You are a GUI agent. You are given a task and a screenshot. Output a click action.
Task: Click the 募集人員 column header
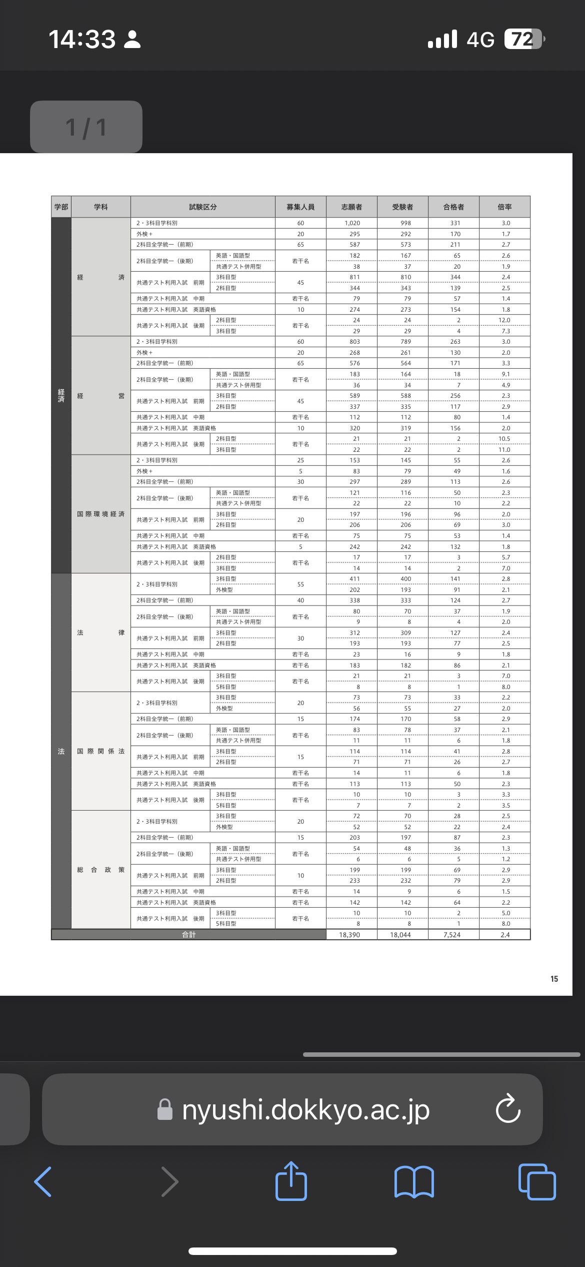click(x=300, y=207)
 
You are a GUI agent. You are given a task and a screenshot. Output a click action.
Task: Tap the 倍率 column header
click(x=504, y=207)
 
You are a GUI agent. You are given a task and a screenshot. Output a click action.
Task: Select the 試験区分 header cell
click(x=202, y=207)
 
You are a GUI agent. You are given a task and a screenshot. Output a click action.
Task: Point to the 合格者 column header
click(x=453, y=207)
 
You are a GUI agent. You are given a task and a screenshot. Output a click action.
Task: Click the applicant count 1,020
click(x=352, y=223)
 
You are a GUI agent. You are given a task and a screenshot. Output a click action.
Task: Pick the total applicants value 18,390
click(x=349, y=935)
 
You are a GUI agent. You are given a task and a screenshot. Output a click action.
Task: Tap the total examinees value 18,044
click(x=400, y=935)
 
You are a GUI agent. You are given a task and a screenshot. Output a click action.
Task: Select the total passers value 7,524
click(x=452, y=935)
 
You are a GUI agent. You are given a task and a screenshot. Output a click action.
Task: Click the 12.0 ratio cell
click(x=504, y=320)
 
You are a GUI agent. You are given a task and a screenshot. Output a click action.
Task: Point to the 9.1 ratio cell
click(x=506, y=374)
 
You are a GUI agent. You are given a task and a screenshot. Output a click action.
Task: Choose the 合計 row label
click(x=188, y=935)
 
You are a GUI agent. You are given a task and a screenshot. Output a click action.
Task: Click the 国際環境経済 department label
click(x=100, y=514)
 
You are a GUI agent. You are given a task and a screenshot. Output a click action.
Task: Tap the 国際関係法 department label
click(x=100, y=751)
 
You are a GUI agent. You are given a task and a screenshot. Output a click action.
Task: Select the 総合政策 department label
click(x=100, y=870)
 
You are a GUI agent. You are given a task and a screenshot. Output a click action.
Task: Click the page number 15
click(x=554, y=979)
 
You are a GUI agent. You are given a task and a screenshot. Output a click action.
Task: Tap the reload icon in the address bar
click(x=508, y=1109)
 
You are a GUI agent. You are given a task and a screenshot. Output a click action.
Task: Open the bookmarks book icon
click(x=414, y=1182)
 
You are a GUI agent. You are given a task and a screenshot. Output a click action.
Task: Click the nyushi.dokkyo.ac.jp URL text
click(x=305, y=1109)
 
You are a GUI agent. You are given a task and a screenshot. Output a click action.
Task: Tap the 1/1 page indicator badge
click(x=86, y=127)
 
